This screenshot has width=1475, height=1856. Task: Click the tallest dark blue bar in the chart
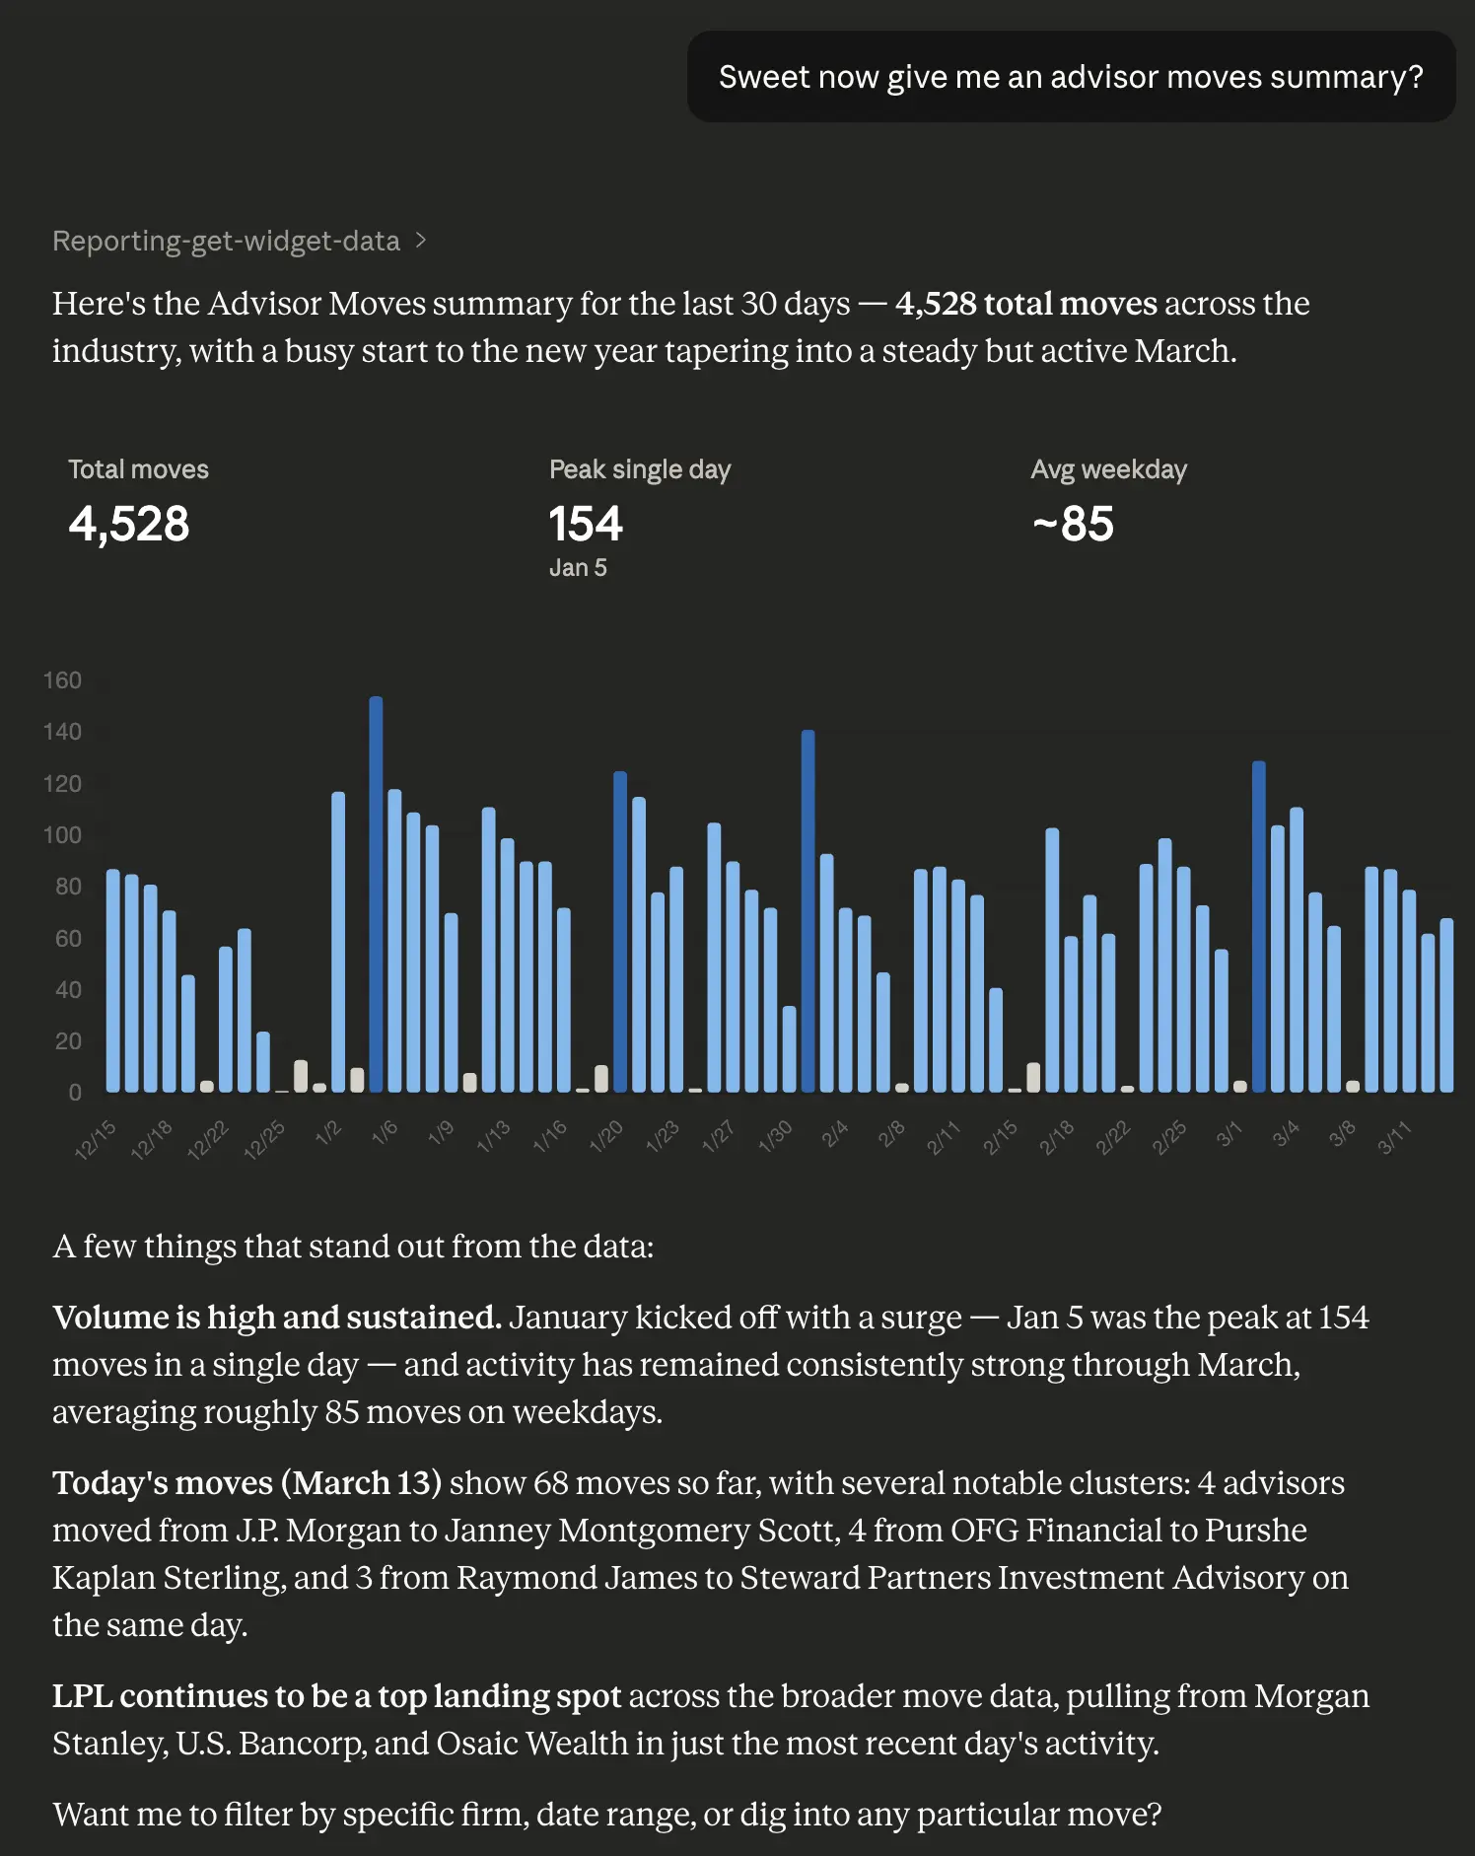coord(376,892)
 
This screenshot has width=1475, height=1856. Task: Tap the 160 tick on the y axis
coord(62,680)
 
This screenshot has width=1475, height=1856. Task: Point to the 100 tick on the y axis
coord(62,835)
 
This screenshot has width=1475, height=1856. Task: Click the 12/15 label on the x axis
coord(96,1139)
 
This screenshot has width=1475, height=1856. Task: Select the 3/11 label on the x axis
coord(1394,1138)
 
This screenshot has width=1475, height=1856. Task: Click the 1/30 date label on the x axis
coord(775,1137)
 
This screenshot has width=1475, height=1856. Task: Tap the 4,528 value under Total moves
coord(129,524)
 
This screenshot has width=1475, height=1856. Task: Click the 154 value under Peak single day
coord(586,524)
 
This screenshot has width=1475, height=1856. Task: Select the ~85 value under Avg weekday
coord(1073,524)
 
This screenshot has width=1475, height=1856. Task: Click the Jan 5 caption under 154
coord(578,568)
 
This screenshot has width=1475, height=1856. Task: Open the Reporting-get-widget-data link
coord(226,241)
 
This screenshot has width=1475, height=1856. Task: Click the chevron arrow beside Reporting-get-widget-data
coord(421,241)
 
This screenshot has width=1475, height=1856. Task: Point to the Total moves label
coord(138,469)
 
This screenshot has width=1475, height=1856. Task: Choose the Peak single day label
coord(640,469)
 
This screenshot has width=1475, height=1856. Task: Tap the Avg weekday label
coord(1108,469)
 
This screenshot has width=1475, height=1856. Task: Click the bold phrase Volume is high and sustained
coord(277,1318)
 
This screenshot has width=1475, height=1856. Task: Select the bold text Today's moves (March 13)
coord(246,1483)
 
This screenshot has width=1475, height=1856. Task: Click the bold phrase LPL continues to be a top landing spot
coord(336,1696)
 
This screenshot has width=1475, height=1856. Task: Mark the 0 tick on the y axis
coord(75,1093)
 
